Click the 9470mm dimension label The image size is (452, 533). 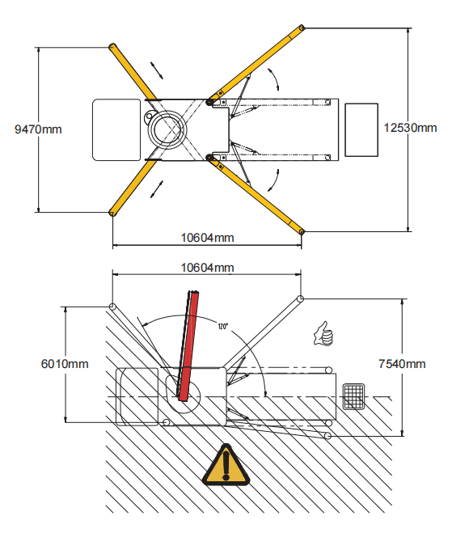[x=38, y=129]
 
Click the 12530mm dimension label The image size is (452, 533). [x=410, y=128]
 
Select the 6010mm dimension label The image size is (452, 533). [x=65, y=364]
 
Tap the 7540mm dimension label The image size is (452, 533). [x=402, y=364]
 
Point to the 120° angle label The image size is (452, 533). [x=223, y=326]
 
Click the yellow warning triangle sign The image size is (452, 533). [x=226, y=465]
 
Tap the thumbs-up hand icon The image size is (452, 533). [x=323, y=334]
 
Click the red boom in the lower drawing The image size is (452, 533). [x=188, y=346]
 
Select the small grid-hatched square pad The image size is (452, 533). [x=353, y=396]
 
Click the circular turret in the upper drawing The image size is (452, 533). [x=167, y=129]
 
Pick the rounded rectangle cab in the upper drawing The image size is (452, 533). [x=116, y=130]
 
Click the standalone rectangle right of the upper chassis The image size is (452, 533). [x=361, y=130]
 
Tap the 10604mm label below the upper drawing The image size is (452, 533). [x=207, y=238]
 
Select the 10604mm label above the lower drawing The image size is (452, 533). [x=207, y=268]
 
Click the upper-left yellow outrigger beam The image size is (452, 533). [x=133, y=72]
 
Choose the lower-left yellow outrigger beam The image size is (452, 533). [x=133, y=188]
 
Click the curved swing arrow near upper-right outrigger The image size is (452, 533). [x=274, y=78]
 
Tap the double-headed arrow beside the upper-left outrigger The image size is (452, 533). [x=157, y=70]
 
